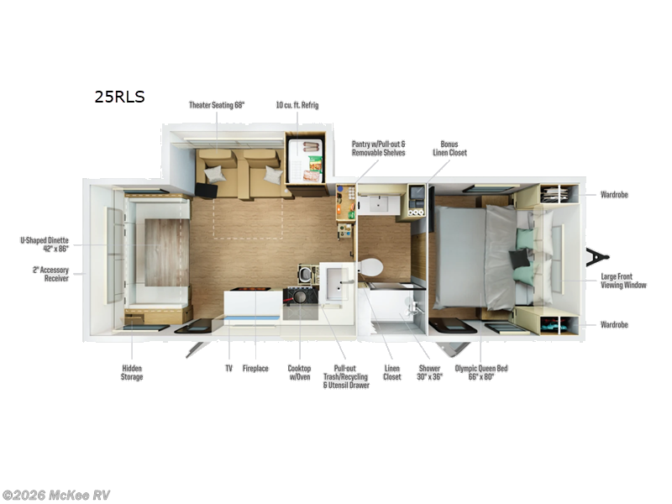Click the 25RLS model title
coord(119,97)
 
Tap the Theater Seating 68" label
coord(217,105)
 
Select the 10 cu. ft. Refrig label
coord(297,105)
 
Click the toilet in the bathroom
coord(370,267)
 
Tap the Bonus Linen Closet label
coord(449,149)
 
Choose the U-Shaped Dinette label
coord(45,244)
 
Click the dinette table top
coord(166,253)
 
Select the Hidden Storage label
coord(132,372)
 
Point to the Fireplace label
coord(255,369)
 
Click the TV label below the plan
coord(228,369)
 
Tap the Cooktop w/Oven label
coord(299,372)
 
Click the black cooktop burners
coord(301,296)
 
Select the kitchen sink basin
coord(337,284)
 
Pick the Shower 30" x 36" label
coord(429,372)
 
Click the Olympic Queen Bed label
coord(481,372)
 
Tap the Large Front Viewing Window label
coord(623,281)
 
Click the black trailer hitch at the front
coord(596,257)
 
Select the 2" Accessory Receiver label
coord(50,274)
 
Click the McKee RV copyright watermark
coord(55,496)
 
